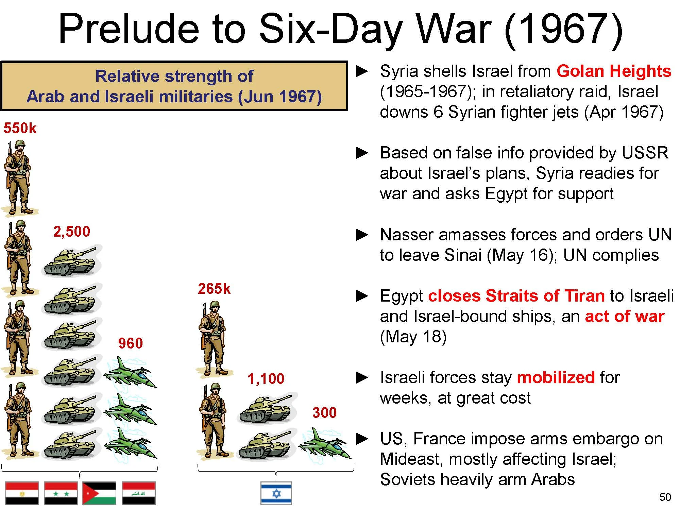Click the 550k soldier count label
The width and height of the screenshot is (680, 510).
tap(20, 129)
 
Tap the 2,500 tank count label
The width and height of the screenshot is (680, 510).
tap(72, 232)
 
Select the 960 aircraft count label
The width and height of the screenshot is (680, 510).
tap(130, 343)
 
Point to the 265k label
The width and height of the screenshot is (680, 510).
tap(214, 289)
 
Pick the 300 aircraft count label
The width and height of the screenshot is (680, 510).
tap(324, 413)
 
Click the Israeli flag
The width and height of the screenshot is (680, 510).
tap(276, 493)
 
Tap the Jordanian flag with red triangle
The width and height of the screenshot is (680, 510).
tap(99, 493)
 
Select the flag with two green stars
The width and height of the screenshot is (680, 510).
tap(61, 493)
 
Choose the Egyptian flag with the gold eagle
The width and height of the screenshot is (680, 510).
tap(22, 493)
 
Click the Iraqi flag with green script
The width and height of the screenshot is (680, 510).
tap(139, 493)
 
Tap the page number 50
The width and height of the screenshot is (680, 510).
tap(665, 497)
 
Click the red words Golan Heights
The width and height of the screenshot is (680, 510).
tap(614, 71)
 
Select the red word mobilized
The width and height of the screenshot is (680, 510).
tap(556, 378)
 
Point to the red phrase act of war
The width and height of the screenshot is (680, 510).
tap(624, 317)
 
